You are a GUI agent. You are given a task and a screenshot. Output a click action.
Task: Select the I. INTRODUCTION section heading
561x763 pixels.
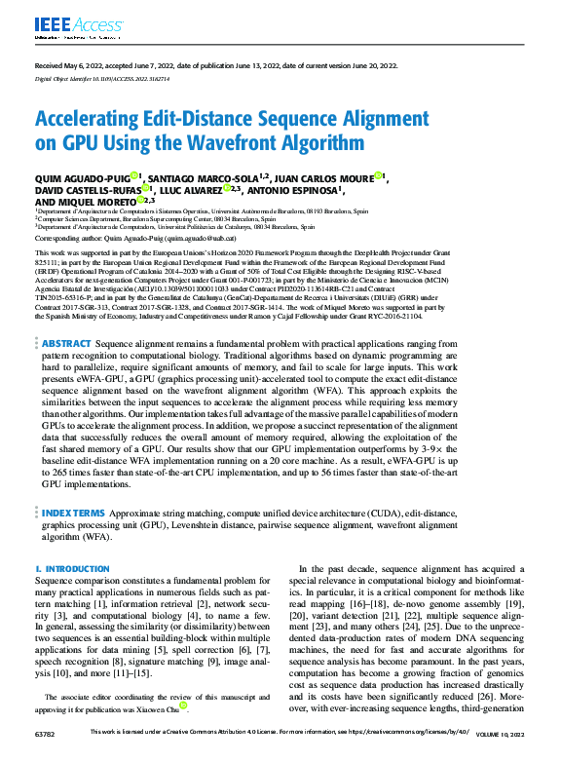(x=64, y=568)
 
